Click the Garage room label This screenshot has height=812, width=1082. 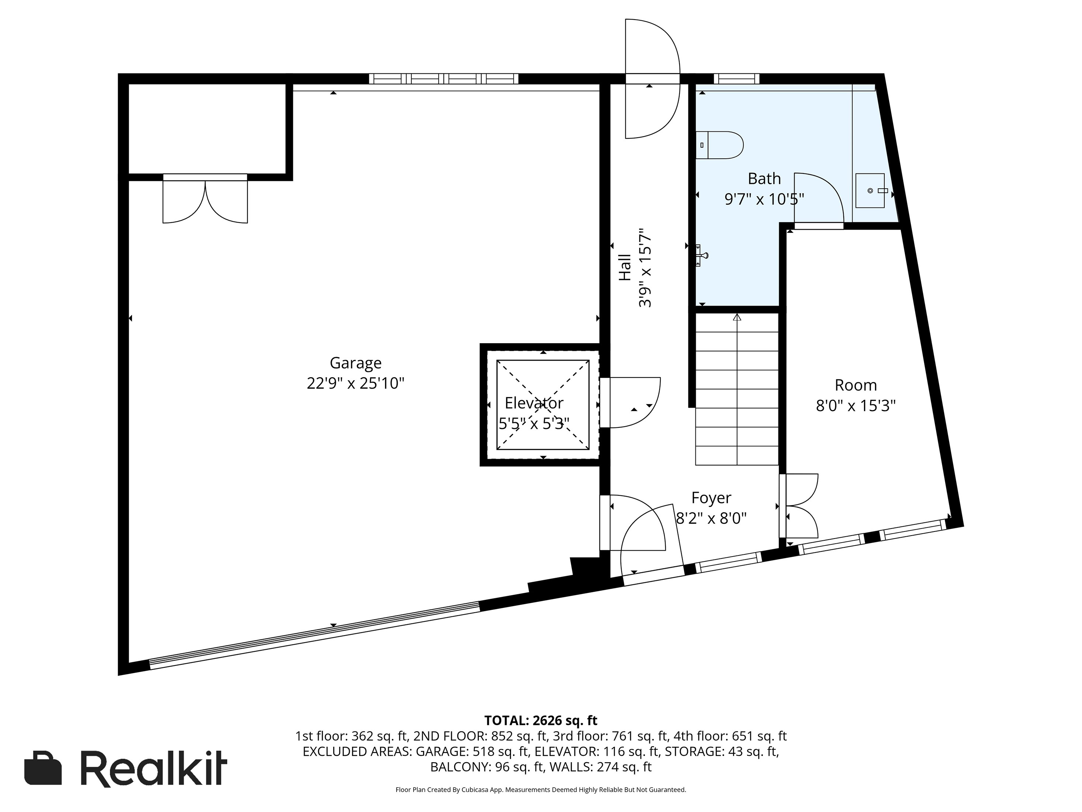click(355, 363)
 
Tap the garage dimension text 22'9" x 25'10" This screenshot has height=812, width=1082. click(355, 383)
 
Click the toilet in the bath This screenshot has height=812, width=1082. click(719, 145)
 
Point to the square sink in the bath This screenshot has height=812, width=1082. click(870, 190)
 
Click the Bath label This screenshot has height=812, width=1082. click(764, 179)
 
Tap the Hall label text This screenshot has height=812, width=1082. click(625, 267)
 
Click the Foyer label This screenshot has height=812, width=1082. click(711, 498)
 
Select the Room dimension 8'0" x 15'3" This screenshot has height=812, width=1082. click(855, 406)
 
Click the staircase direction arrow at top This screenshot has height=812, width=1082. click(737, 317)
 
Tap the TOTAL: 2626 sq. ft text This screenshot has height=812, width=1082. click(540, 720)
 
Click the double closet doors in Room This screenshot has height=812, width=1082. click(800, 506)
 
